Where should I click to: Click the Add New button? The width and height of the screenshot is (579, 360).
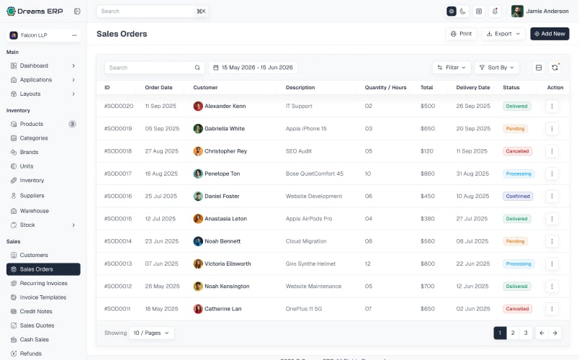[x=549, y=34]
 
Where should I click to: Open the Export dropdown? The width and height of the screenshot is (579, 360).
[x=503, y=34]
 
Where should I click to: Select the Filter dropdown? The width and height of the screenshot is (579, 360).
[x=452, y=68]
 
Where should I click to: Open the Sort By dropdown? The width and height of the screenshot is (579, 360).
[x=497, y=68]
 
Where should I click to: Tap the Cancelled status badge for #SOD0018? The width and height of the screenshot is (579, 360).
[x=517, y=151]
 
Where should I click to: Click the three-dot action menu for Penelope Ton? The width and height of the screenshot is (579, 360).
[x=552, y=174]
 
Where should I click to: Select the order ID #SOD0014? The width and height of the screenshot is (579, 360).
[x=118, y=241]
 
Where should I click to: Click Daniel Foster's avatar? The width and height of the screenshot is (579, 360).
[x=198, y=196]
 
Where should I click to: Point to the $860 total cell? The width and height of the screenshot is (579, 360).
[x=427, y=174]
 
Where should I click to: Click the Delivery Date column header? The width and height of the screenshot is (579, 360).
[x=473, y=88]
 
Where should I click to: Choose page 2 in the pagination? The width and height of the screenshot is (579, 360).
[x=513, y=333]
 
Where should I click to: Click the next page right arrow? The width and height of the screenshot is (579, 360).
[x=555, y=333]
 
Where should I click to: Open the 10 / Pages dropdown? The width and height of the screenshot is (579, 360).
[x=151, y=333]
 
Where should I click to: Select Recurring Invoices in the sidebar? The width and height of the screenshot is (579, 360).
[x=44, y=283]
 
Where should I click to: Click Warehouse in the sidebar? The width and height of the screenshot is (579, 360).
[x=35, y=211]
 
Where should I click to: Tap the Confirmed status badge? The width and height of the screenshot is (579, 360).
[x=518, y=196]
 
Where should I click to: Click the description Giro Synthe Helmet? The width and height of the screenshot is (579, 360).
[x=310, y=264]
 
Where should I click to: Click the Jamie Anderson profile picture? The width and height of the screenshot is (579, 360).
[x=517, y=11]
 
